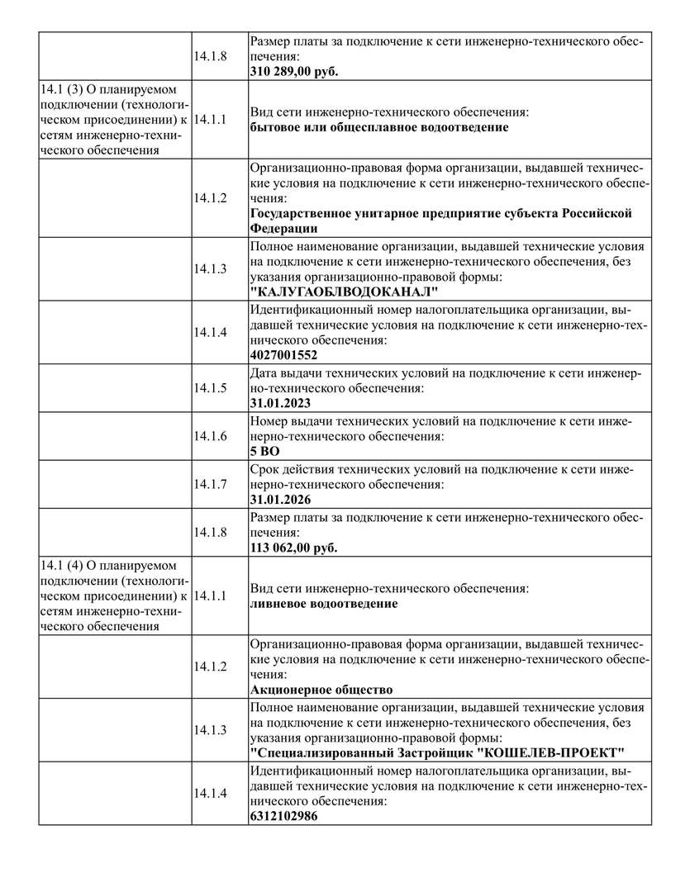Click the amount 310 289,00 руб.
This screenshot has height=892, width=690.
coord(294,71)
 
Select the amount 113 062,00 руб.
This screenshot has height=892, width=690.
coord(293,547)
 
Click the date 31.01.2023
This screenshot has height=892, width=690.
coord(280,403)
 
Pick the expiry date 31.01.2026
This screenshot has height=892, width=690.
coord(280,499)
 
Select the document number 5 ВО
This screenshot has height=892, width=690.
coord(264,451)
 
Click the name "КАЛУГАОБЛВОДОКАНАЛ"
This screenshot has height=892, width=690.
coord(343,292)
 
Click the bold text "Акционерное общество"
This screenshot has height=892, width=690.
coord(321,689)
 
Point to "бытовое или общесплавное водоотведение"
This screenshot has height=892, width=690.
coord(378,127)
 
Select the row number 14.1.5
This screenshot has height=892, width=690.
coord(210,387)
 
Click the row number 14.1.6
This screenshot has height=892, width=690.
coord(210,435)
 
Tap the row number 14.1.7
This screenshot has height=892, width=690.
coord(210,483)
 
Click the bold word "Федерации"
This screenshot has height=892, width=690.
coord(283,228)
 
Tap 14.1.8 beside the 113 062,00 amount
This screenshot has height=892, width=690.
coord(210,531)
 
